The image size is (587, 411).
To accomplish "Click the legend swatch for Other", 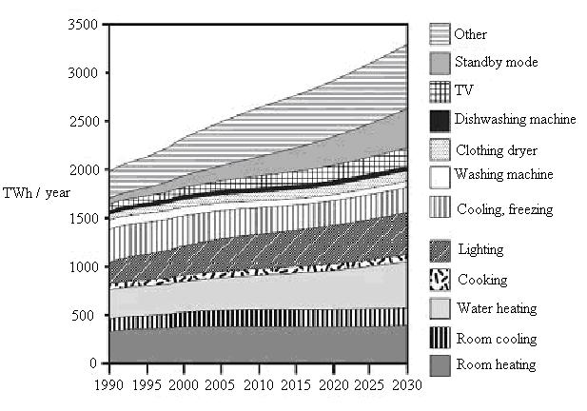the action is [x=440, y=34].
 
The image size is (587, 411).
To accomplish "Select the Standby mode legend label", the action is [x=496, y=62].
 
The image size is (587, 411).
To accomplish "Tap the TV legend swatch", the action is [x=440, y=91].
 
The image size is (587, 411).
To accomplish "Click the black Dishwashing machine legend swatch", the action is [x=440, y=121].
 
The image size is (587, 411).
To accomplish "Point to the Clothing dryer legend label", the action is [x=497, y=150].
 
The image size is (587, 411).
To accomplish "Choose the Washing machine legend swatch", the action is [x=440, y=177].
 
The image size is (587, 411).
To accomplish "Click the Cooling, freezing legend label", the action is [x=504, y=209].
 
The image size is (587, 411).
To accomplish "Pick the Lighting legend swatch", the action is [x=440, y=251].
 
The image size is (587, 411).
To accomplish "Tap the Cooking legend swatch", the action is [x=440, y=280].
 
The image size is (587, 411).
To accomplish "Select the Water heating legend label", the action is [x=497, y=308].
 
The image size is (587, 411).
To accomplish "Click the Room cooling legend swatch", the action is [x=440, y=338].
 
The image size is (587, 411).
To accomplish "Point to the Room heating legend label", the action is [x=496, y=364].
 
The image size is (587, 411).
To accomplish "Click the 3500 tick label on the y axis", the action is [x=83, y=25].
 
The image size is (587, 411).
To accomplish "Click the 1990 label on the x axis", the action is [x=109, y=384].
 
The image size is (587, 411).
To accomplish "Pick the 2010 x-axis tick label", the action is [x=259, y=384].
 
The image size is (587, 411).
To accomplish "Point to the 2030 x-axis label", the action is [x=407, y=384].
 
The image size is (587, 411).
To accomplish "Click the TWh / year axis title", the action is [x=36, y=193].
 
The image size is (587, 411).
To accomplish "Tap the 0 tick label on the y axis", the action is [x=93, y=363].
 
